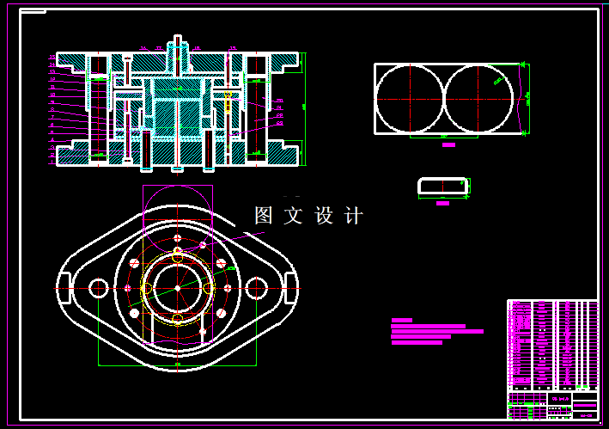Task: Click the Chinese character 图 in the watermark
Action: click(264, 216)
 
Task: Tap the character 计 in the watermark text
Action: click(353, 216)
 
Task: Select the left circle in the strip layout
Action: click(409, 98)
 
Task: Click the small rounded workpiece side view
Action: click(442, 186)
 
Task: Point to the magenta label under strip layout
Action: click(448, 145)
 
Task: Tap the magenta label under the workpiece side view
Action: click(442, 204)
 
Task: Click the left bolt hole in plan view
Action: click(98, 287)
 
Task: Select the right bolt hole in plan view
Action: click(256, 287)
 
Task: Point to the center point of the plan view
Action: click(177, 287)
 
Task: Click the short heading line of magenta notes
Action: click(401, 320)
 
